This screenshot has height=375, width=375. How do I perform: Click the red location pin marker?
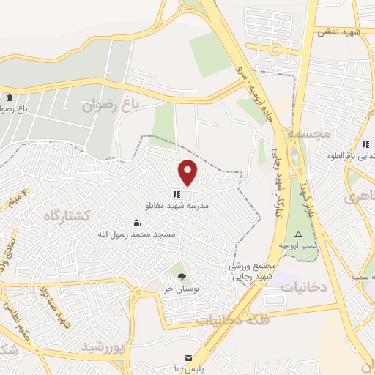pos(188,173)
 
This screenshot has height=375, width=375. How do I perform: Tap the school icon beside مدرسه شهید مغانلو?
pos(176,194)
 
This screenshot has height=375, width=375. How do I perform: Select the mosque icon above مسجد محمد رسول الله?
pos(135,223)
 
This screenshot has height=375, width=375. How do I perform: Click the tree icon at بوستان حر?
pos(181,276)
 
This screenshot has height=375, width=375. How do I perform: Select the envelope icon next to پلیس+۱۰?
pos(190,358)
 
